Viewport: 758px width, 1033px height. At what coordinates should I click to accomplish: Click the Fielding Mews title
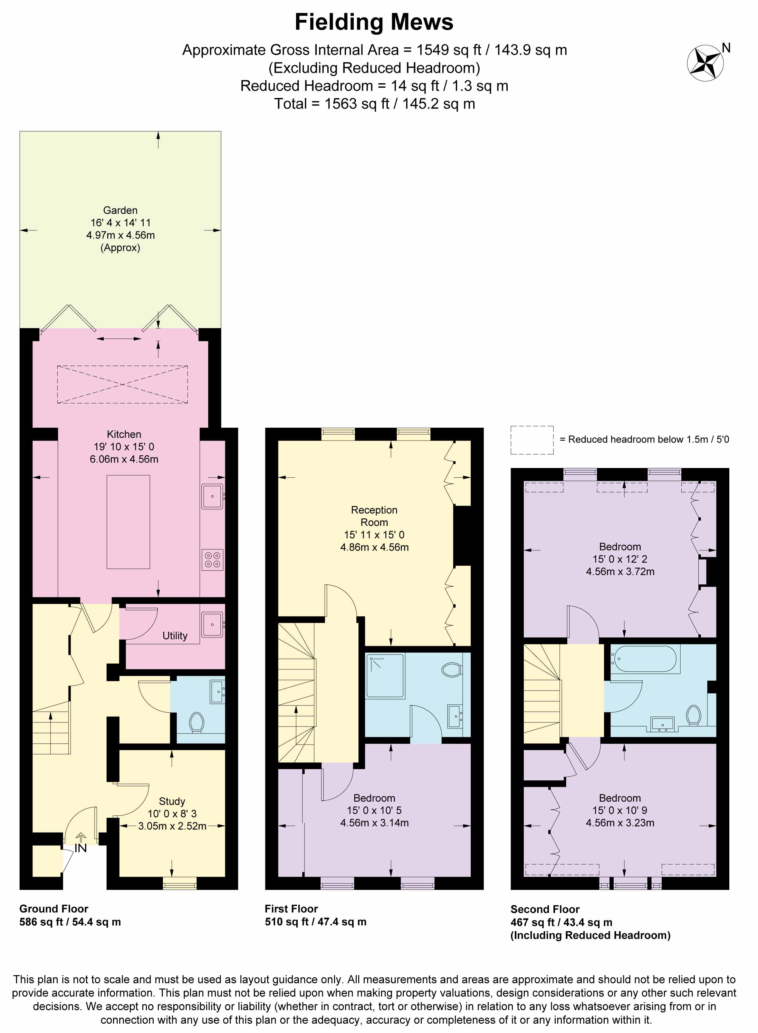374,22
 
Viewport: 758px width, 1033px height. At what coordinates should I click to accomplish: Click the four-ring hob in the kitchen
212,560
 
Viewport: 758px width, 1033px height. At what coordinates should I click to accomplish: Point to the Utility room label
175,636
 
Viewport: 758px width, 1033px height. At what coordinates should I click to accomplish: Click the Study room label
172,801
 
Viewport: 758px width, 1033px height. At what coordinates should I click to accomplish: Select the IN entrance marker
81,848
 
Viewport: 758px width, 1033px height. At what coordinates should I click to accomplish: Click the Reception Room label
374,516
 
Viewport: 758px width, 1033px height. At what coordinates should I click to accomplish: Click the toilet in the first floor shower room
452,669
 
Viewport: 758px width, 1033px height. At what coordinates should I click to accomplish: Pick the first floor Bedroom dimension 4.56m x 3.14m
374,823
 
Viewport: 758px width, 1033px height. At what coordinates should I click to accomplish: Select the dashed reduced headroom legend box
532,440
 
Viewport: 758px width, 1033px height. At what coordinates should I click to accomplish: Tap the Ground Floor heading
54,909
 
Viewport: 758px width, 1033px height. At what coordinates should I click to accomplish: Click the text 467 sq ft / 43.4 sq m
561,922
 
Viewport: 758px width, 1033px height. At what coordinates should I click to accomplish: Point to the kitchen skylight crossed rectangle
122,384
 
